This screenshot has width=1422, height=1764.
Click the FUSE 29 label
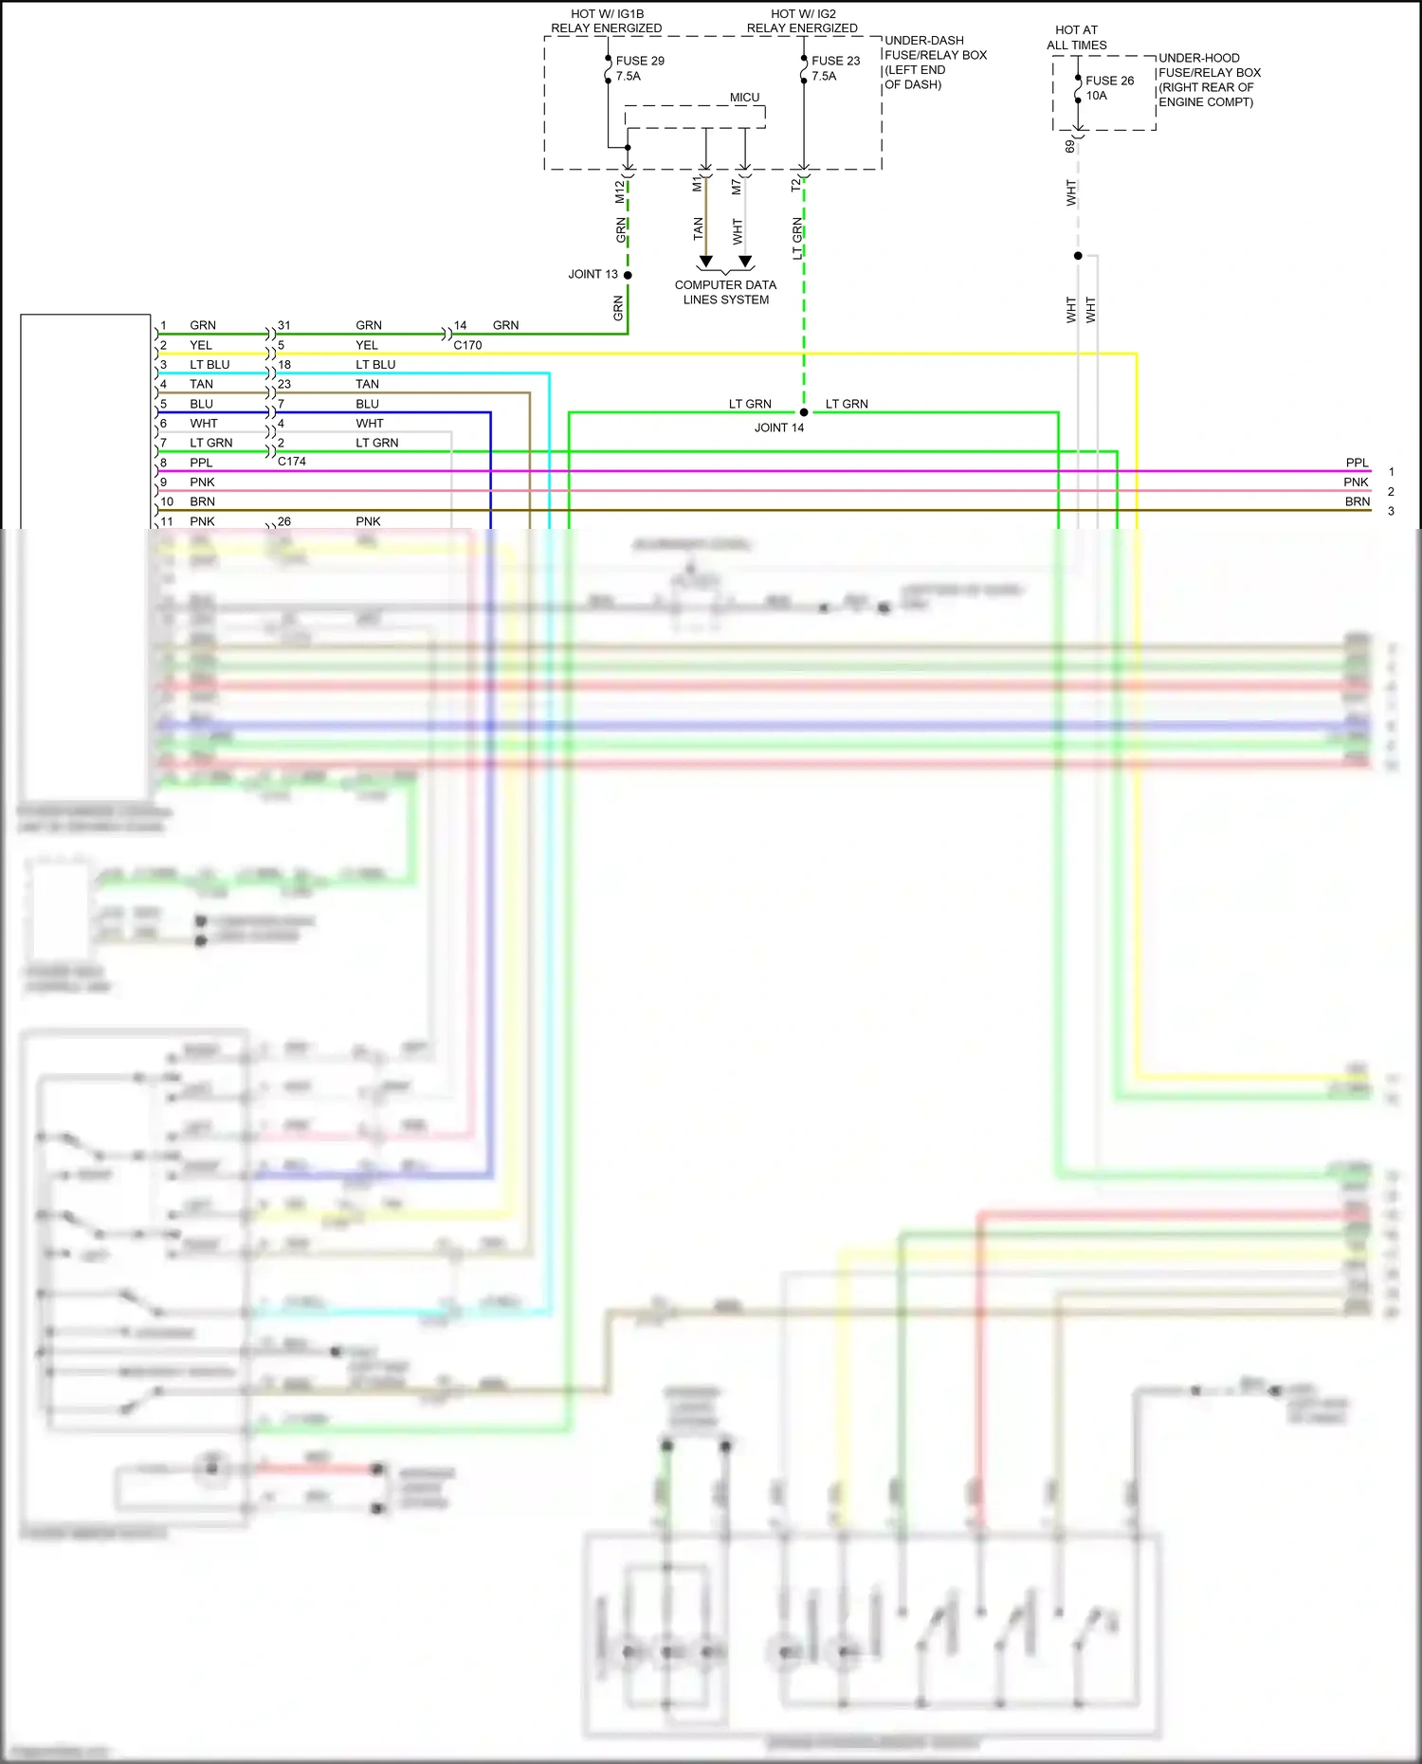[640, 61]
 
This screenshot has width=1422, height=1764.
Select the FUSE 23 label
[835, 61]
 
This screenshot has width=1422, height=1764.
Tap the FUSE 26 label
[1109, 81]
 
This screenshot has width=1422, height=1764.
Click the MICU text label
[744, 98]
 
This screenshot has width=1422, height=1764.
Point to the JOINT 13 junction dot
[628, 275]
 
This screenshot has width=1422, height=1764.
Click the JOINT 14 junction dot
[804, 412]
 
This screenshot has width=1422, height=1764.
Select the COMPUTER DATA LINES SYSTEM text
[725, 292]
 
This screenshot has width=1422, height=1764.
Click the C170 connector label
[467, 345]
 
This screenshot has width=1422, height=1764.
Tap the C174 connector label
[292, 462]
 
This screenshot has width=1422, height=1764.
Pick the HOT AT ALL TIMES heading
[1076, 38]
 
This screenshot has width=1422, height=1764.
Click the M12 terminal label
[620, 191]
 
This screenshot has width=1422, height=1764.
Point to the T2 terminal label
[796, 186]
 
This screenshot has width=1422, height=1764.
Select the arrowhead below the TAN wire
[705, 261]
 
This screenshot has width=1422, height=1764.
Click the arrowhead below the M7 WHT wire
[745, 261]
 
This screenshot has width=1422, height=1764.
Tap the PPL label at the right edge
[1357, 463]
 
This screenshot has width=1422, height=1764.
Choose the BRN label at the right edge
[1357, 501]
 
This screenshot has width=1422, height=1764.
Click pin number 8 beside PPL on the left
[163, 463]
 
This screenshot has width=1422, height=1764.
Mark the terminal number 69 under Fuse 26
[1070, 146]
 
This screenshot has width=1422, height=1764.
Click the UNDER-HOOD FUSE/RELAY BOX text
[1209, 80]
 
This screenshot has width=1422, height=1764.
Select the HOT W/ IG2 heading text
[802, 21]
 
